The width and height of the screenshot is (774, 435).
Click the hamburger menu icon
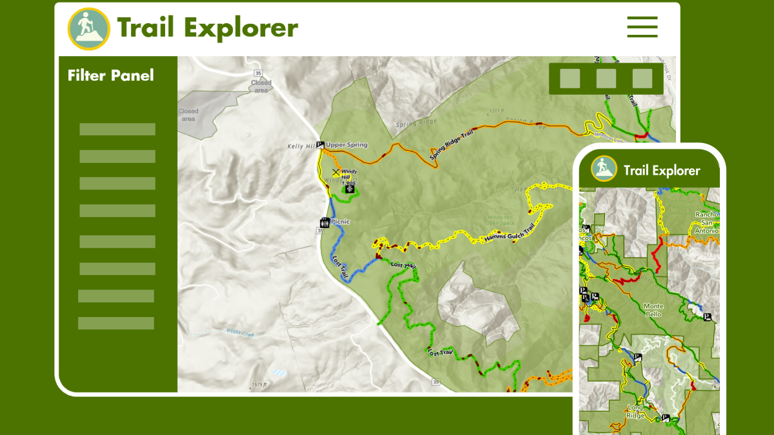click(x=642, y=27)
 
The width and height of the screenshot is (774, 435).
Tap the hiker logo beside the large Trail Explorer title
click(x=88, y=28)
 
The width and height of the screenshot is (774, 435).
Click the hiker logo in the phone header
click(x=604, y=169)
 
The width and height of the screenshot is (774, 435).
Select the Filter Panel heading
click(x=111, y=75)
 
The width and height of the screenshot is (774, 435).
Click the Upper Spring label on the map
click(x=346, y=145)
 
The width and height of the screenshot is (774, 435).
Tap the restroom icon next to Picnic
click(x=324, y=223)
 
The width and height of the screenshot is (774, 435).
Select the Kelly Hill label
click(x=301, y=147)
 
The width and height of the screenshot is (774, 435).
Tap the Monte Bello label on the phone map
click(x=653, y=310)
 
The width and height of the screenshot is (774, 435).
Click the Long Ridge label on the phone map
click(x=635, y=411)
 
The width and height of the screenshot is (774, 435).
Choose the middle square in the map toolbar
click(x=606, y=79)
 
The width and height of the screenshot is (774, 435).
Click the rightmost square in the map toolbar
click(x=642, y=79)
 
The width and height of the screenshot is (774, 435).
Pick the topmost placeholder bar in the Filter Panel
click(x=117, y=129)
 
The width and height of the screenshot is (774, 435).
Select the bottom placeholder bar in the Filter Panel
click(x=116, y=323)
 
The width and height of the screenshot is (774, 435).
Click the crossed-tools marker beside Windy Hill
click(x=335, y=173)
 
